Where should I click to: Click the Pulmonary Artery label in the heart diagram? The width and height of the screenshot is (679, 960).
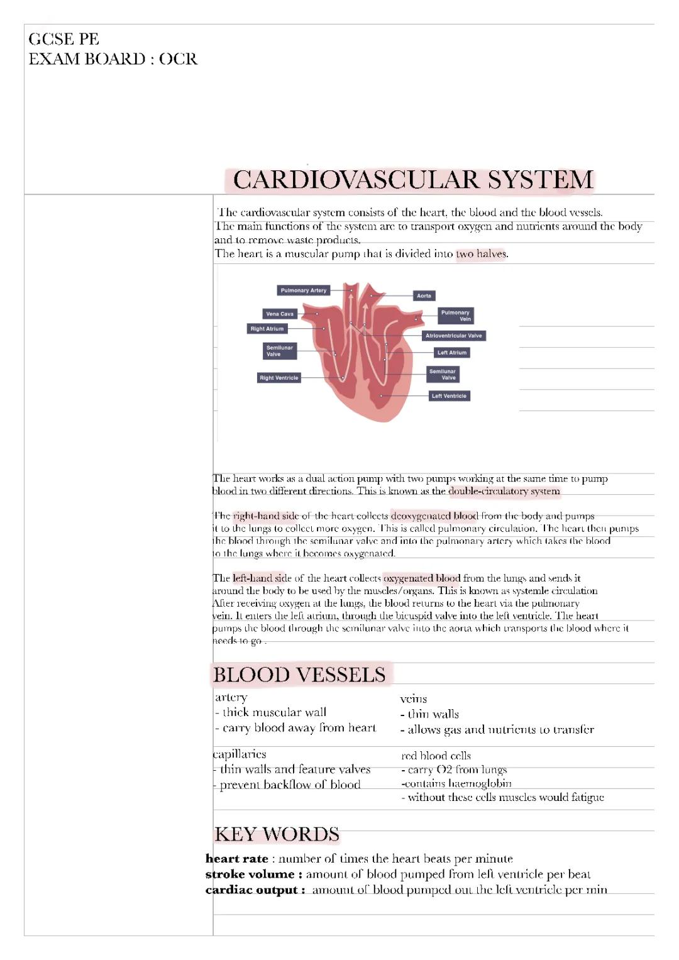click(304, 290)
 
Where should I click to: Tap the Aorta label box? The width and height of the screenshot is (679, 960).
click(424, 295)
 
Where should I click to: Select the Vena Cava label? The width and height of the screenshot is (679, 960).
click(279, 314)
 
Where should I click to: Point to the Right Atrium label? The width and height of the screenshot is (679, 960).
click(267, 329)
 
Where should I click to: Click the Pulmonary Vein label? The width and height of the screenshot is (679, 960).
click(455, 316)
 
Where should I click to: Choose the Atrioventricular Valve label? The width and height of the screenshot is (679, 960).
click(453, 336)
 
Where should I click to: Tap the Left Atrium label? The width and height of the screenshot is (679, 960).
click(451, 353)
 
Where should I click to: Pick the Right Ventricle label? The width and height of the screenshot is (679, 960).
click(279, 378)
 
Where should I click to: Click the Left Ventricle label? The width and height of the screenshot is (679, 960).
click(449, 396)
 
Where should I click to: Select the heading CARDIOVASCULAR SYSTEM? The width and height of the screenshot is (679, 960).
click(412, 180)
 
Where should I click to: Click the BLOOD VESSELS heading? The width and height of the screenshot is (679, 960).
click(299, 675)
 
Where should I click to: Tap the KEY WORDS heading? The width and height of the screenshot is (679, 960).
click(277, 834)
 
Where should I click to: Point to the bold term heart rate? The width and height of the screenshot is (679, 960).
click(237, 859)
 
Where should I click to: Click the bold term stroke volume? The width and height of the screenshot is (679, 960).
click(253, 874)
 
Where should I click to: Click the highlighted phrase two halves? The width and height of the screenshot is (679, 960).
click(481, 254)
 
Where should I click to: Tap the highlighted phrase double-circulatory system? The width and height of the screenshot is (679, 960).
click(504, 491)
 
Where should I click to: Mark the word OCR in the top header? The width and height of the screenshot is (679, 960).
click(178, 59)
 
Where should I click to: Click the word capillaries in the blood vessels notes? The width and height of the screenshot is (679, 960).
click(240, 754)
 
